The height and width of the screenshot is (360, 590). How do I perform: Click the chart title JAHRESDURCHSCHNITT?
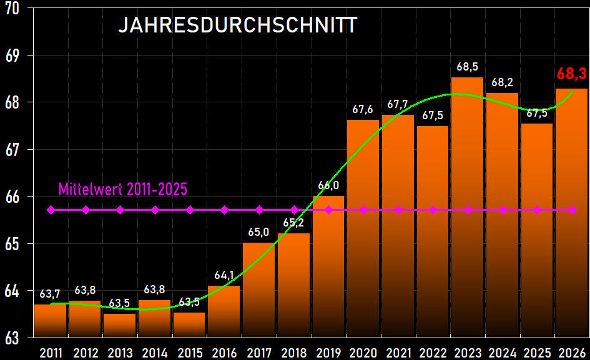point(238,25)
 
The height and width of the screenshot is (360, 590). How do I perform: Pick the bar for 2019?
point(328,268)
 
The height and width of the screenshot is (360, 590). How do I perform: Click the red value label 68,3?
point(571,74)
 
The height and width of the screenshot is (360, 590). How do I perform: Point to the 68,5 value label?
point(467,66)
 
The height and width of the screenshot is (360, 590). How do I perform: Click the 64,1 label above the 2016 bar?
point(224,275)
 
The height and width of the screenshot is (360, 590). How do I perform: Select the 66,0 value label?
point(328,185)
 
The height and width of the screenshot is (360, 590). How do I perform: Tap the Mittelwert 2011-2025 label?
point(123,189)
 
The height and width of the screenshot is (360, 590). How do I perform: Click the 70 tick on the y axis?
point(12,8)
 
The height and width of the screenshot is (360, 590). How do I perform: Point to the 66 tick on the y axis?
point(12,197)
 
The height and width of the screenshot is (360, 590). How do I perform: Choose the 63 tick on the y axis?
point(12,338)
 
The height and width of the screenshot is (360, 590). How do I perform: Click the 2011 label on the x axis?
point(51,353)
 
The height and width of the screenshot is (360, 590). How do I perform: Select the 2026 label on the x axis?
point(572,353)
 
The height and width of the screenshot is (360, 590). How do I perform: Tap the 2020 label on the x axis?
point(363,353)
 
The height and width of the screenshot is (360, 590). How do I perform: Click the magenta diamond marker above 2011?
point(51,210)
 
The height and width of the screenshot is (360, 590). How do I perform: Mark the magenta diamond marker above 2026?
point(572,210)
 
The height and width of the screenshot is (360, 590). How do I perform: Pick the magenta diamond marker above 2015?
point(190,210)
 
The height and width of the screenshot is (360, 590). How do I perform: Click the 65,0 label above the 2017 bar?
point(258,232)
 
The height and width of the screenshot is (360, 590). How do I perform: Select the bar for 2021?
point(398,225)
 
